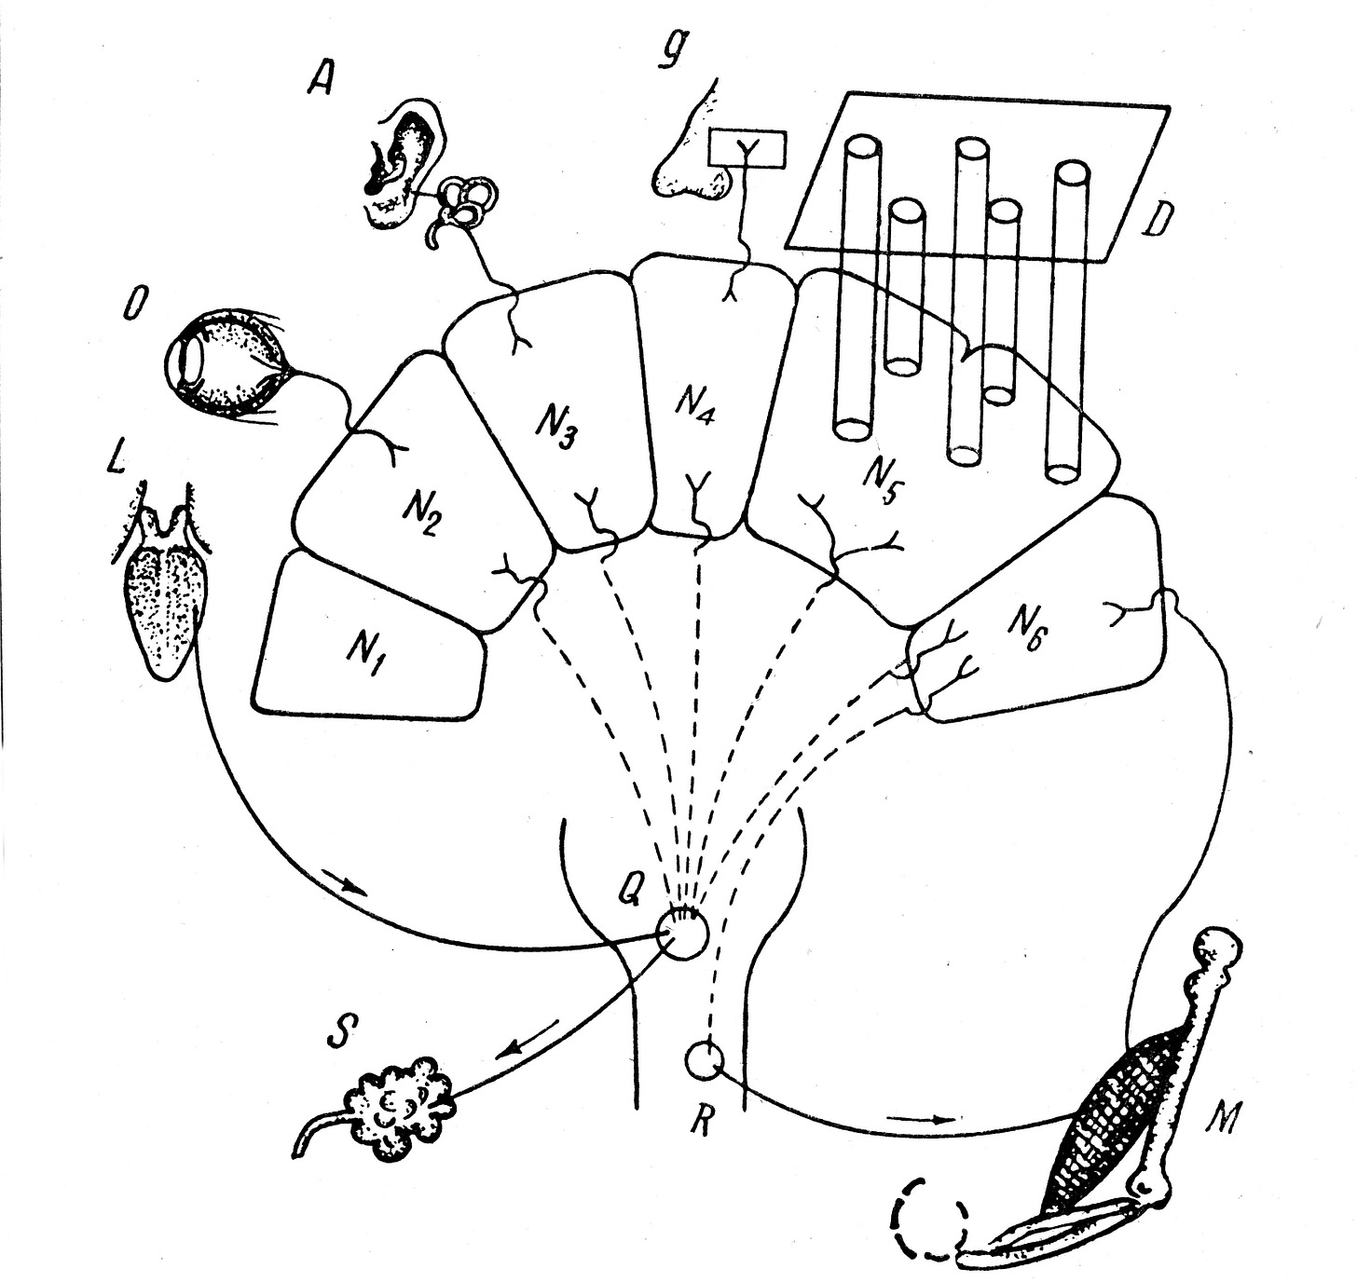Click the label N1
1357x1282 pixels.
[364, 658]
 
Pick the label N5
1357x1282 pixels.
[880, 481]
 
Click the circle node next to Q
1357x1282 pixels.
[682, 934]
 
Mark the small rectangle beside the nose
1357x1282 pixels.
[747, 150]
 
